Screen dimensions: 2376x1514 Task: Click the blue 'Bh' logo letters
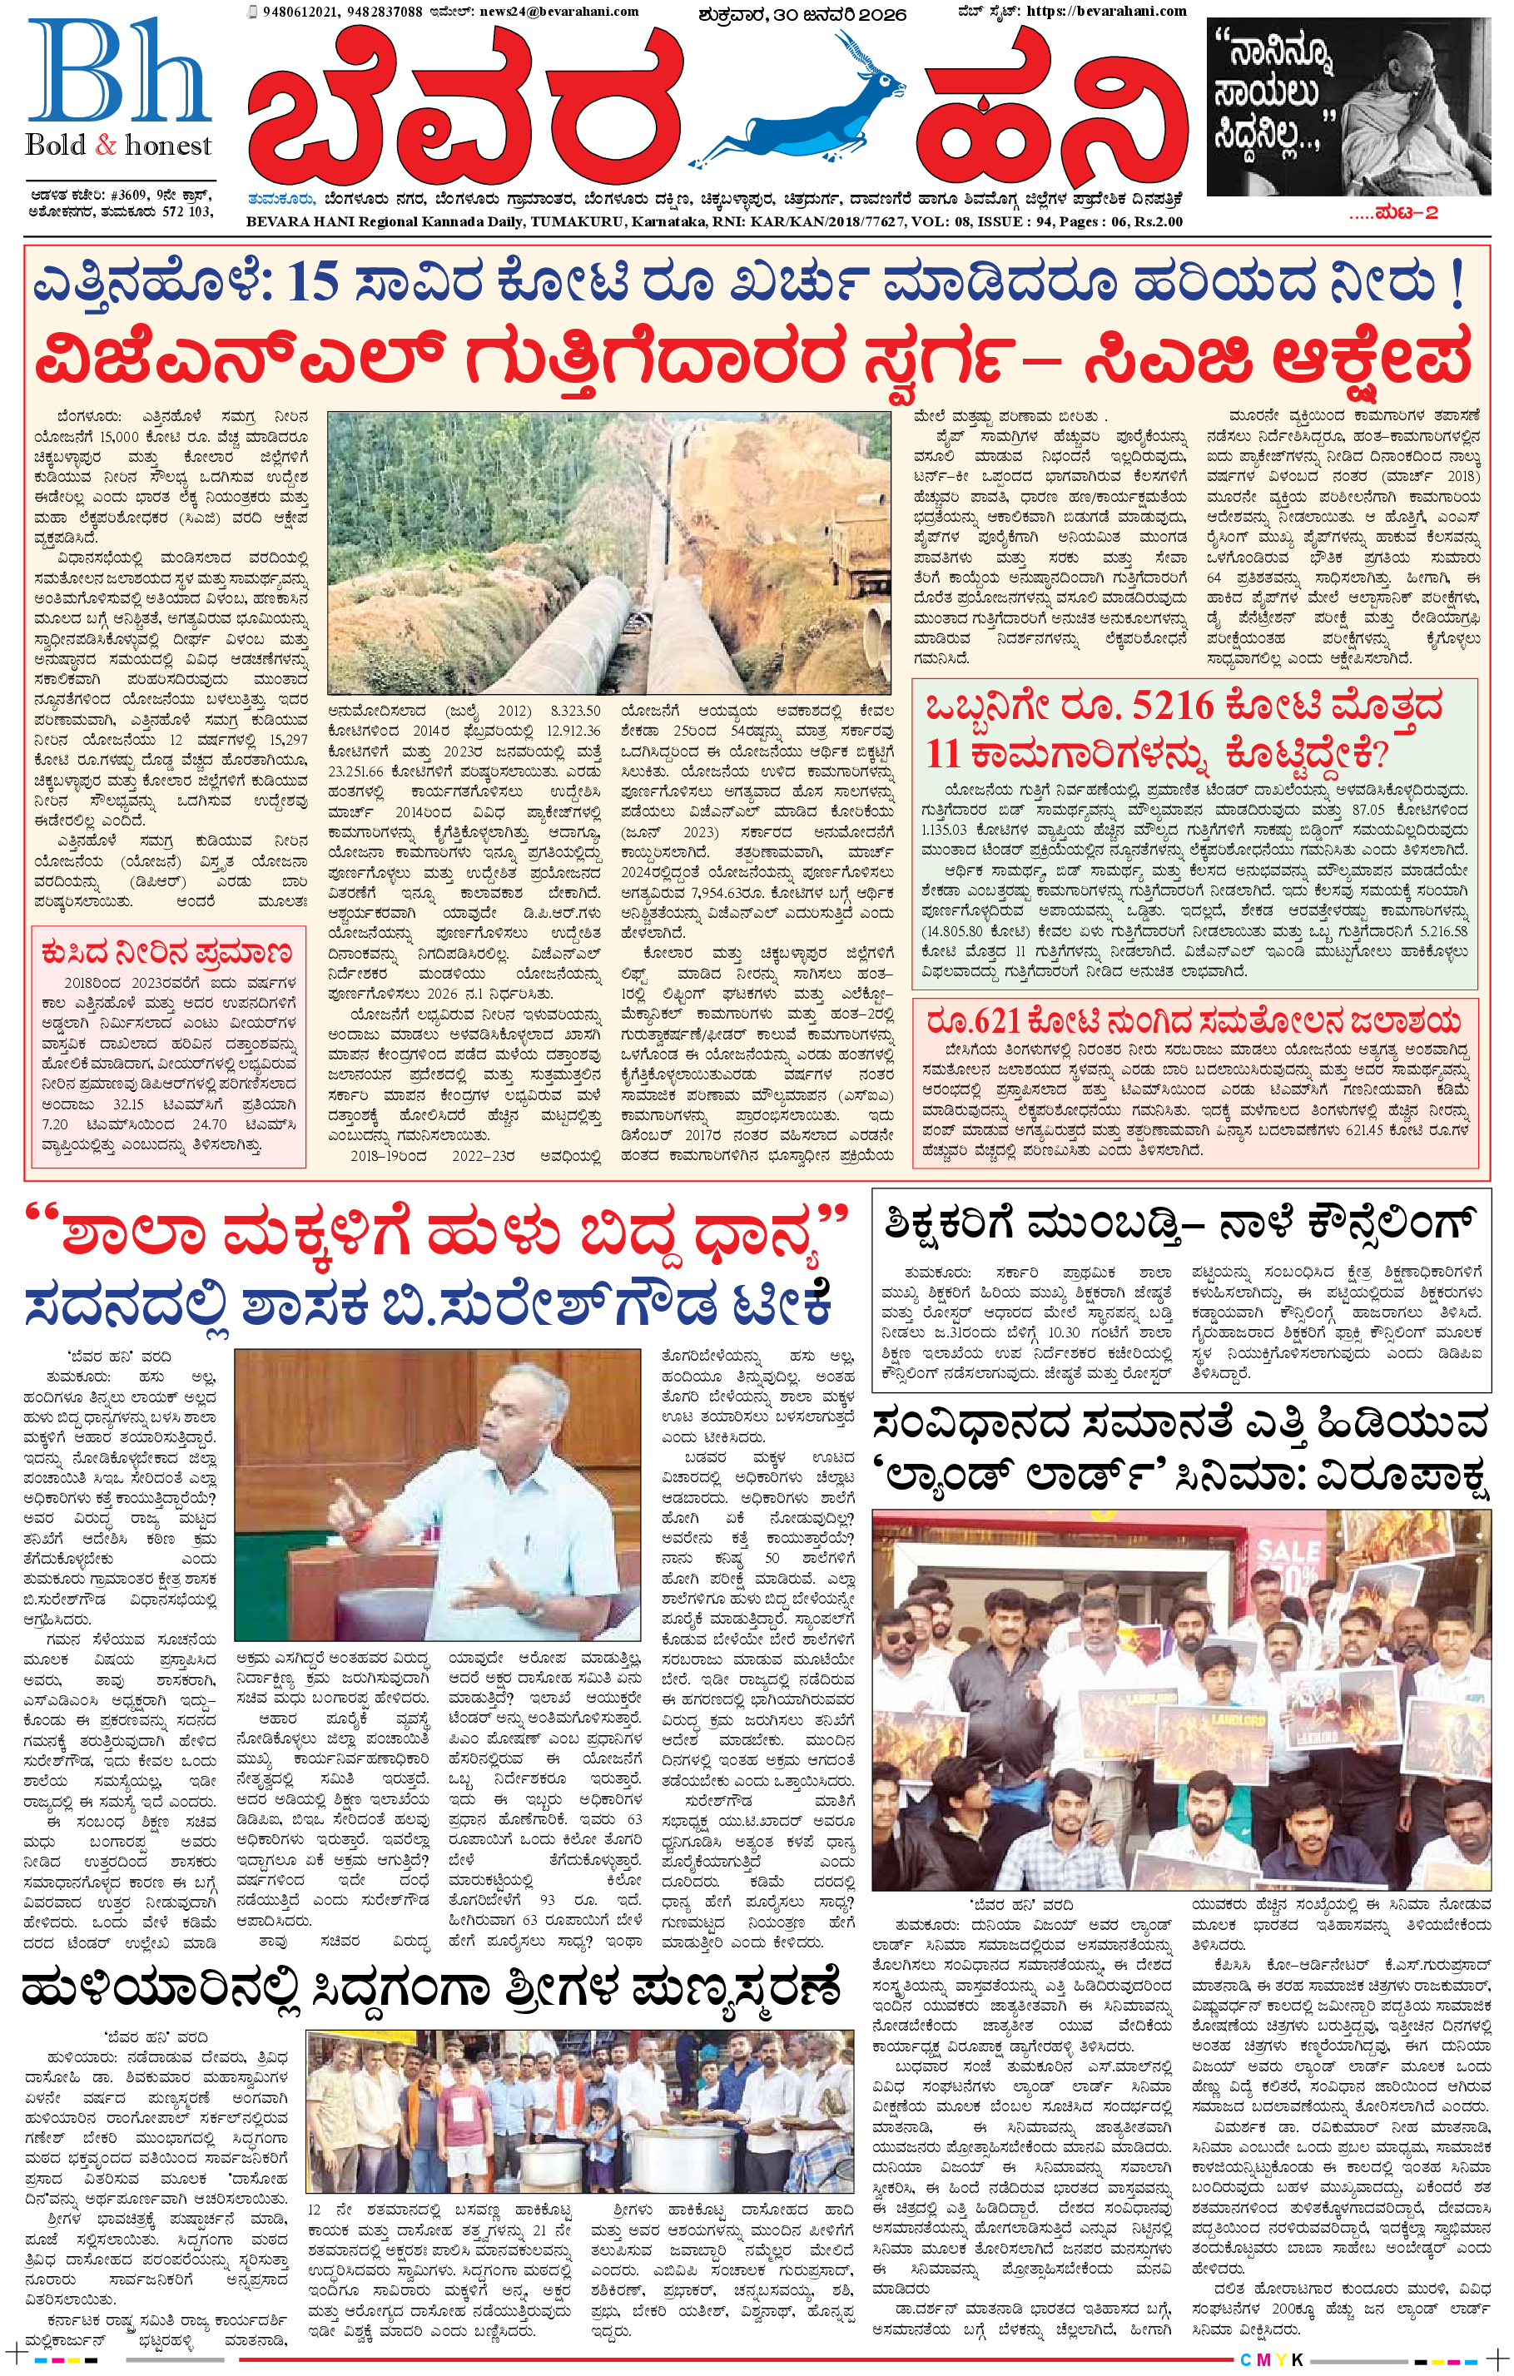(x=118, y=71)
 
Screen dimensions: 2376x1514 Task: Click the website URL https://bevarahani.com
(x=1106, y=11)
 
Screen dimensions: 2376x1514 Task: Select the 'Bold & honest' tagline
(x=118, y=145)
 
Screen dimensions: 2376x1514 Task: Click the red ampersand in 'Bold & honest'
(x=106, y=146)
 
